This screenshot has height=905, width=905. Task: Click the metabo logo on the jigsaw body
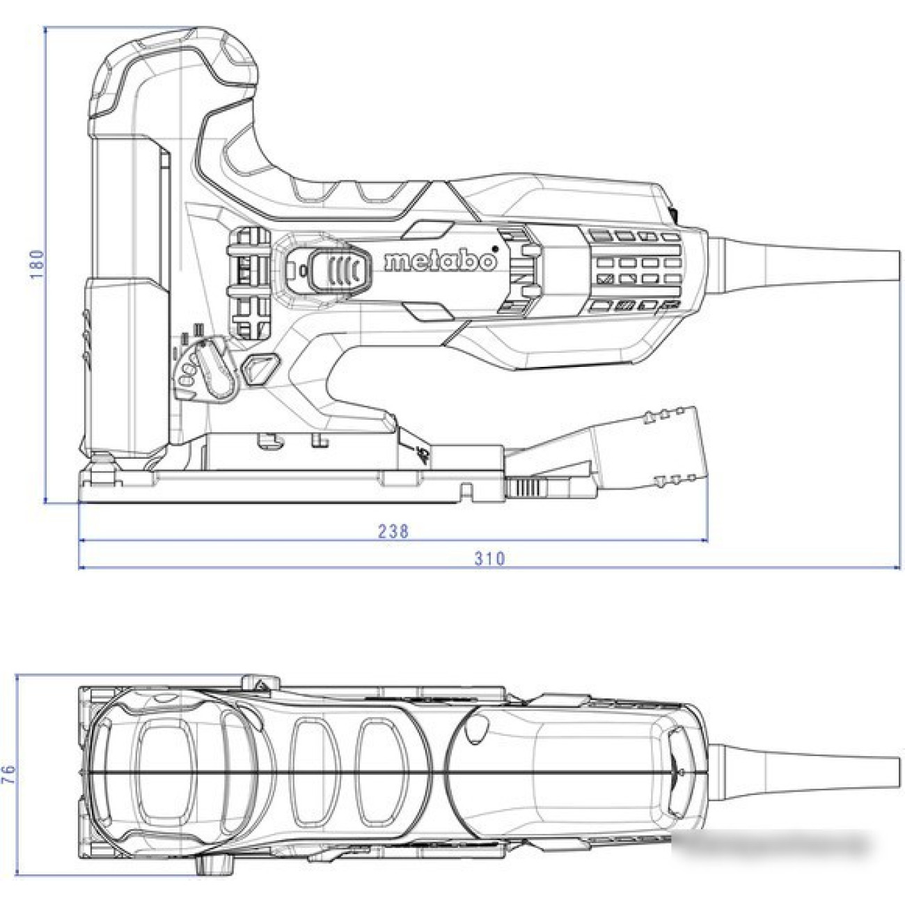(441, 261)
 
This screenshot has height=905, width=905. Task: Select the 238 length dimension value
(393, 531)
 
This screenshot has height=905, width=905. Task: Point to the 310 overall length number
(489, 559)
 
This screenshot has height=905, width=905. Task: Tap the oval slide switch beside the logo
(340, 271)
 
